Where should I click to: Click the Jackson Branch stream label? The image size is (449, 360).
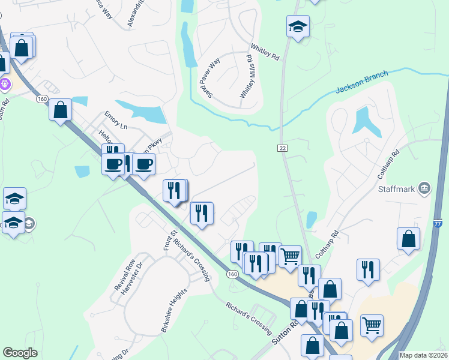[362, 82]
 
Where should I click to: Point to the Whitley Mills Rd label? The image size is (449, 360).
[246, 76]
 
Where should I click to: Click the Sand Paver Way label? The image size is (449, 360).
[206, 79]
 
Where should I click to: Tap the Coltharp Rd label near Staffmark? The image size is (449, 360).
[388, 161]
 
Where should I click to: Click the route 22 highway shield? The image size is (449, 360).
[283, 148]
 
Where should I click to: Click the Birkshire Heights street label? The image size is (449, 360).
[175, 310]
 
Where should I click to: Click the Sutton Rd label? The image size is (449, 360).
[286, 331]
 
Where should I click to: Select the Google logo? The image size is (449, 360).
[20, 353]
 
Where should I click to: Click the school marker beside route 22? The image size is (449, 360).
[297, 27]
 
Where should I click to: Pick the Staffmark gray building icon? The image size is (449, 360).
[425, 188]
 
